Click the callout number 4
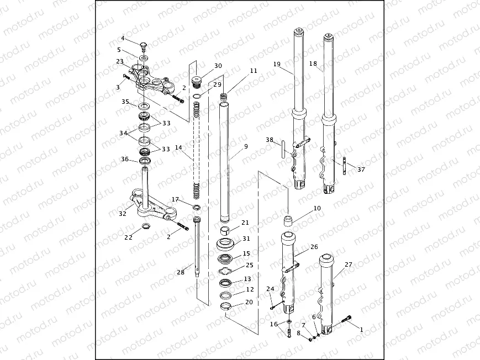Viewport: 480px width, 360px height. click(123, 39)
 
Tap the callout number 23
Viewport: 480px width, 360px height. click(120, 61)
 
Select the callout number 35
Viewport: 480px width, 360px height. click(125, 102)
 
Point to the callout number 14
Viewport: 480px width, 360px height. click(178, 148)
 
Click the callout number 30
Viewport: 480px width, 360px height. click(218, 66)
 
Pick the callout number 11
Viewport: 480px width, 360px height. click(253, 71)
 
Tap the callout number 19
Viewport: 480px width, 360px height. click(277, 64)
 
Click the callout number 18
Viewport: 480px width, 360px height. click(313, 64)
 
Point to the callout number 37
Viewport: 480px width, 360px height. click(361, 170)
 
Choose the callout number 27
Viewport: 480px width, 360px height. click(349, 265)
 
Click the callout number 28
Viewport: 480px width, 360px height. click(180, 272)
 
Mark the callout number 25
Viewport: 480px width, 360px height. click(249, 266)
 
